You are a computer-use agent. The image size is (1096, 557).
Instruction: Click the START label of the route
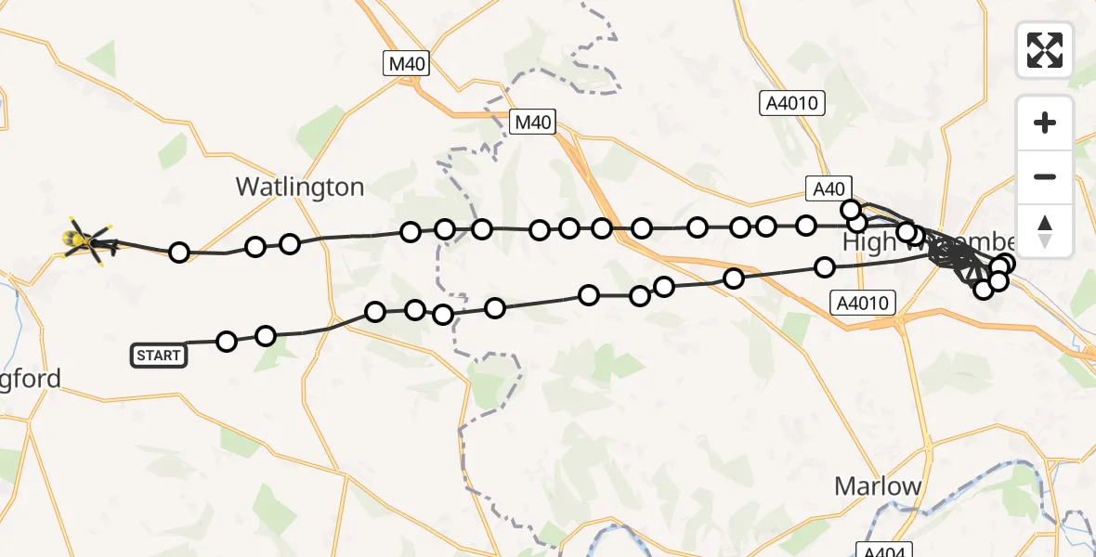click(159, 355)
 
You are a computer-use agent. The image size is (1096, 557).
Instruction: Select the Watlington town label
click(299, 187)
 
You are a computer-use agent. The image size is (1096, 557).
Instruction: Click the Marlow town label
click(878, 486)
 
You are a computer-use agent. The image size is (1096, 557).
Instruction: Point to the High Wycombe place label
click(929, 243)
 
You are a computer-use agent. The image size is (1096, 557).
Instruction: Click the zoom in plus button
click(1045, 123)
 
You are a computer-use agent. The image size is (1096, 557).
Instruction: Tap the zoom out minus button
click(1045, 176)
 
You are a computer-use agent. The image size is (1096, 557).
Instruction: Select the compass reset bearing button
click(1045, 230)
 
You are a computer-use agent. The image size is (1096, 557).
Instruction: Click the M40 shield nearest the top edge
click(406, 63)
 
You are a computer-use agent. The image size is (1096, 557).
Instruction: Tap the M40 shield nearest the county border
click(533, 121)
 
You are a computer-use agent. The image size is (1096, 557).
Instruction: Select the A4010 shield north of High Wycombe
click(792, 103)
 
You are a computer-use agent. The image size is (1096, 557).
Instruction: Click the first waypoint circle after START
click(227, 342)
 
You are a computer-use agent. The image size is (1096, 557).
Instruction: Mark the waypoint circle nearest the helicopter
click(179, 253)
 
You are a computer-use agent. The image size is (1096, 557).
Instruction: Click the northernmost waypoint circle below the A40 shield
click(850, 210)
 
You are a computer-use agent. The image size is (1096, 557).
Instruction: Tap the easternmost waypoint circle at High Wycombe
click(1005, 264)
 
